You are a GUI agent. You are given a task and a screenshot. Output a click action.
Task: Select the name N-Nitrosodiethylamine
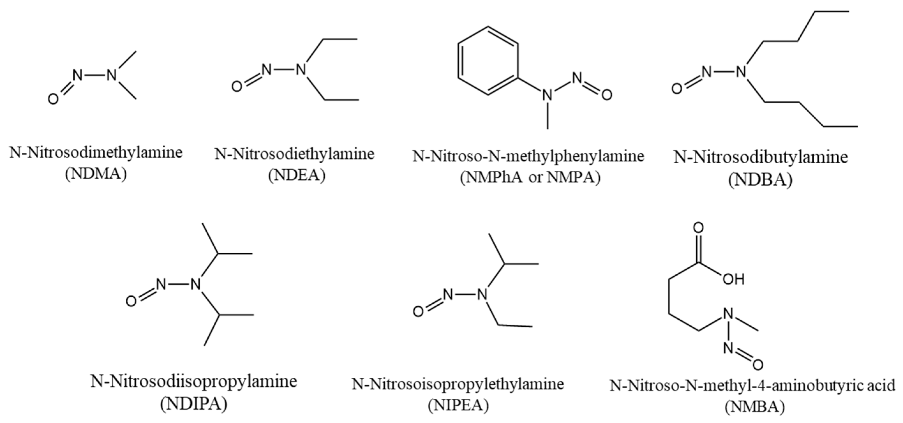pyautogui.click(x=294, y=154)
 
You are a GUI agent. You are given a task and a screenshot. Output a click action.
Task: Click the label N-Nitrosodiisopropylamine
pyautogui.click(x=194, y=381)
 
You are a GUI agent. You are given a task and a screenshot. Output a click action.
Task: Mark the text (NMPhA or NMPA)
pyautogui.click(x=530, y=178)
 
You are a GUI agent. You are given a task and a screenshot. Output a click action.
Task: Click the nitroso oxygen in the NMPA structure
pyautogui.click(x=607, y=95)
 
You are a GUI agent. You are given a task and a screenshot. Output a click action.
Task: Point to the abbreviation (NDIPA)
pyautogui.click(x=194, y=404)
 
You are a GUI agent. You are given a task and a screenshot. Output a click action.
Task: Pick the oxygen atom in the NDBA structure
pyautogui.click(x=677, y=89)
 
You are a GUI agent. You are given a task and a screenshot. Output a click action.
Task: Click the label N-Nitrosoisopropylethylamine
pyautogui.click(x=458, y=384)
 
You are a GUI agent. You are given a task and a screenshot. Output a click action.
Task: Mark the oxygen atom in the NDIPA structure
pyautogui.click(x=131, y=301)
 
